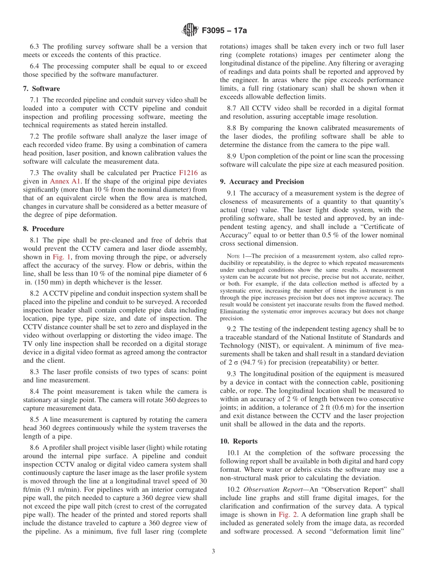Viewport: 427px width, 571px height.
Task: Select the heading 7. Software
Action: pos(41,88)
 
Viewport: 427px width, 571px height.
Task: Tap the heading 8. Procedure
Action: pos(44,228)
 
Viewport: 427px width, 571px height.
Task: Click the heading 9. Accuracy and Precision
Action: pos(262,181)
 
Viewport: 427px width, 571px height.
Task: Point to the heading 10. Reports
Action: pos(239,441)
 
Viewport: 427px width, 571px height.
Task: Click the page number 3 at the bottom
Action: pos(213,551)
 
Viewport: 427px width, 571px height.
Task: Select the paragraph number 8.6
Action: pos(35,448)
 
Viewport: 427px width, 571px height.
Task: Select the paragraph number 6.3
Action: pos(35,46)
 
